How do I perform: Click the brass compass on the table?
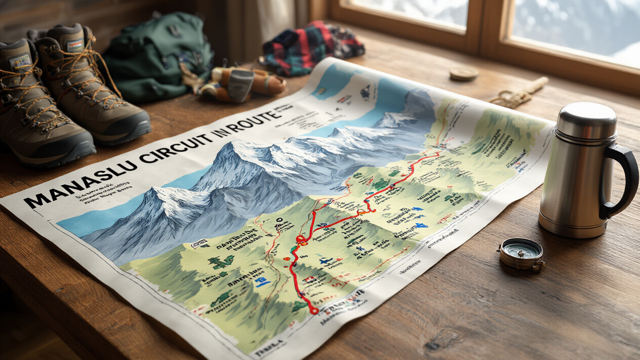[x=521, y=254]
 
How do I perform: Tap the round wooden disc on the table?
[x=464, y=74]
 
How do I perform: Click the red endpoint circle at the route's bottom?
[x=314, y=310]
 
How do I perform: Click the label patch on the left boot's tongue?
[x=20, y=62]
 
